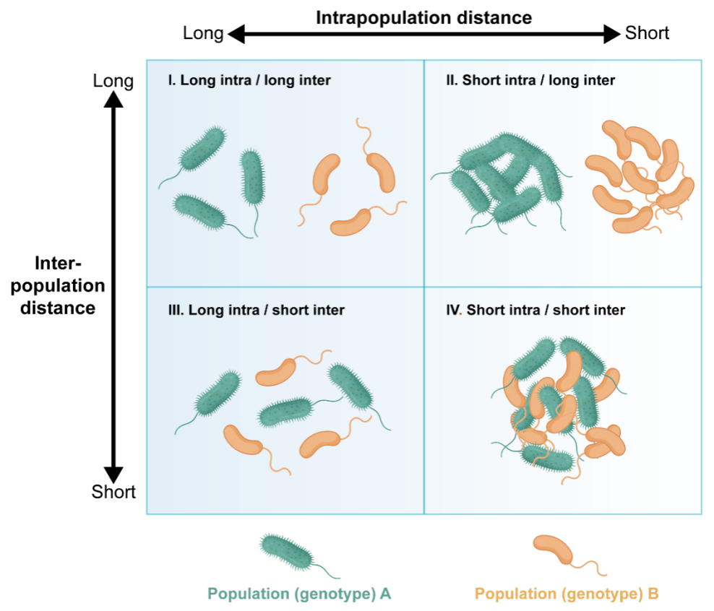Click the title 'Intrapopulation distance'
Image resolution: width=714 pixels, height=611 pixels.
coord(424,18)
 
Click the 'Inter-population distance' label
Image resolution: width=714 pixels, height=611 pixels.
coord(58,286)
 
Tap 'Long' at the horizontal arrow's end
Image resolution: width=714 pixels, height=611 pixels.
coord(203,33)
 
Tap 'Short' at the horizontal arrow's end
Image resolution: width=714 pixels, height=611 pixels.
coord(647,32)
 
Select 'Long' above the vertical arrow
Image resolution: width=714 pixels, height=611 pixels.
coord(113,81)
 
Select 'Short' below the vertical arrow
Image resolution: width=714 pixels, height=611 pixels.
coord(113,492)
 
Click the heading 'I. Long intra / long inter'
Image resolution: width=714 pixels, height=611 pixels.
coord(249,80)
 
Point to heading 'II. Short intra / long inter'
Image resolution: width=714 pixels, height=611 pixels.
coord(530,80)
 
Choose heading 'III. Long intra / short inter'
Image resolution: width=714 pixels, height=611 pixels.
coord(257,310)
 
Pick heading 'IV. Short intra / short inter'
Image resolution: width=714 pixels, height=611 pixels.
coord(535,310)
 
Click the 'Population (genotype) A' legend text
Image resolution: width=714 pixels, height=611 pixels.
coord(299,594)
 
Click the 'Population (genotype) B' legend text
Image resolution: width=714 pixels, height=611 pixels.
coord(567,594)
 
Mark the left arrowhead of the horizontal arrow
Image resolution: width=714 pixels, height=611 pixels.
coord(236,34)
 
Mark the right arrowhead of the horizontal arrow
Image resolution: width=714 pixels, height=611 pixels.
coord(612,34)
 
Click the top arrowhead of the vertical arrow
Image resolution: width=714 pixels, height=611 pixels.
coord(113,99)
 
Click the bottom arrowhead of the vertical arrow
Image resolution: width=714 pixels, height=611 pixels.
coord(113,475)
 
